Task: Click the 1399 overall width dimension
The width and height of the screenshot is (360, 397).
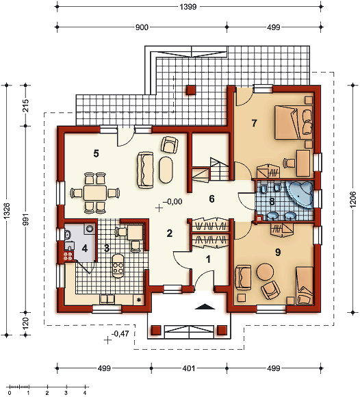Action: [x=188, y=6]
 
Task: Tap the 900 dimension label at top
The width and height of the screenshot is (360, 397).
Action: [x=142, y=27]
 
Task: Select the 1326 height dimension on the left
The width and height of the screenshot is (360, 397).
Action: [x=7, y=211]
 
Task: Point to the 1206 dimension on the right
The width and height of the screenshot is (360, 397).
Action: [x=353, y=199]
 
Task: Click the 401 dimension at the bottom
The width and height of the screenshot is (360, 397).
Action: [x=189, y=368]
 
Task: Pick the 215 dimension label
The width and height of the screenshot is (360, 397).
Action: [x=25, y=106]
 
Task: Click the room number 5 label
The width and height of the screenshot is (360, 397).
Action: [x=96, y=153]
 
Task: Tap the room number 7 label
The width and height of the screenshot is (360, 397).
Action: [x=254, y=123]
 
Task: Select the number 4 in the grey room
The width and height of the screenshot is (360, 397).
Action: [x=85, y=248]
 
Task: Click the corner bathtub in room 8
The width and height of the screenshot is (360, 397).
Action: [x=300, y=194]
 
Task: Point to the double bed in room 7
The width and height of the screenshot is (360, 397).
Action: [x=294, y=123]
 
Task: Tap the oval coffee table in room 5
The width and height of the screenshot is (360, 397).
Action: [x=166, y=170]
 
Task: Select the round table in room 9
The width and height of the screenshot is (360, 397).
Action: [x=265, y=272]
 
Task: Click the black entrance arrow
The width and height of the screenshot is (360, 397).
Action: [x=205, y=307]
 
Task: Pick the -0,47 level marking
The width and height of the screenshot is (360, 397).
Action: [x=120, y=334]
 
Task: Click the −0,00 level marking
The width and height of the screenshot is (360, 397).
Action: [x=172, y=201]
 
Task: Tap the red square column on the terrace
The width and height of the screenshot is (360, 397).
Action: [x=191, y=90]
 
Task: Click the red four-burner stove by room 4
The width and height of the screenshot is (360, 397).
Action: [x=68, y=256]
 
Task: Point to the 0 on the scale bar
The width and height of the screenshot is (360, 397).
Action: [x=10, y=393]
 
